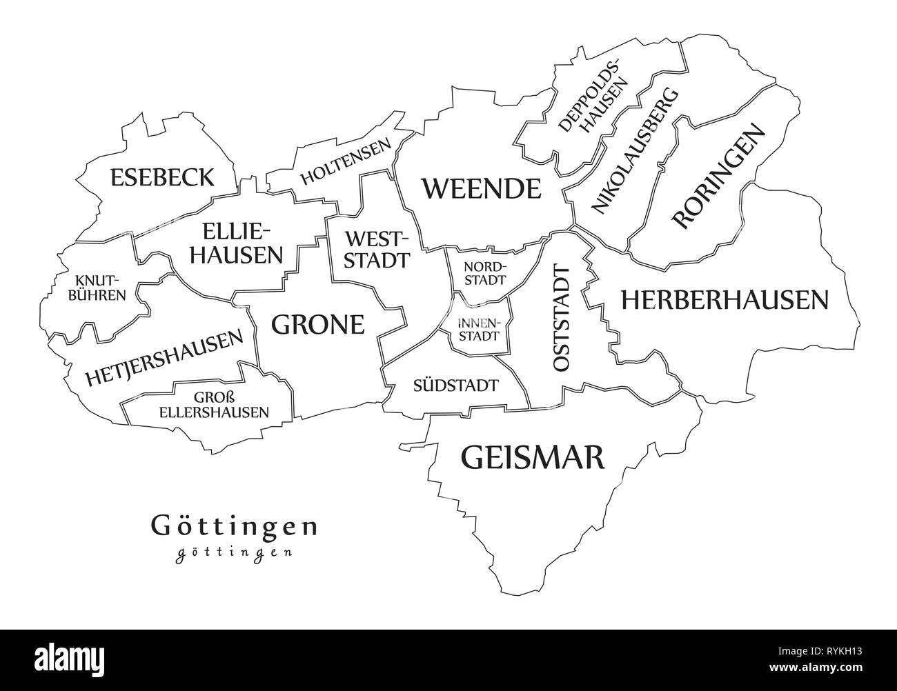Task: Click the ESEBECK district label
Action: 161,177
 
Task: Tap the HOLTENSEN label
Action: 345,163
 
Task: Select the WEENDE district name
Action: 481,188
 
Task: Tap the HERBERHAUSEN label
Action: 724,299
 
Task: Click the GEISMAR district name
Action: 532,457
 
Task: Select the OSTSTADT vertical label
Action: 562,319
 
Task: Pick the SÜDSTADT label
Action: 455,385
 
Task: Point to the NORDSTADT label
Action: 485,274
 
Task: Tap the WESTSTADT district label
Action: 376,250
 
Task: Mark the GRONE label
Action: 317,323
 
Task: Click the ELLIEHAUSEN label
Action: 236,243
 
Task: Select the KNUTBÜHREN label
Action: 101,288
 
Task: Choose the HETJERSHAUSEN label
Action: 164,357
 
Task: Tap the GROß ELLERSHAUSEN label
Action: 213,405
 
